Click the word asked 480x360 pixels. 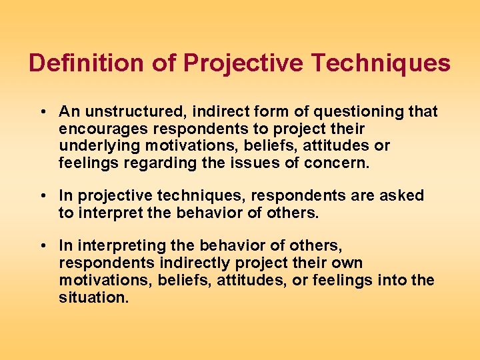tap(405, 196)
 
